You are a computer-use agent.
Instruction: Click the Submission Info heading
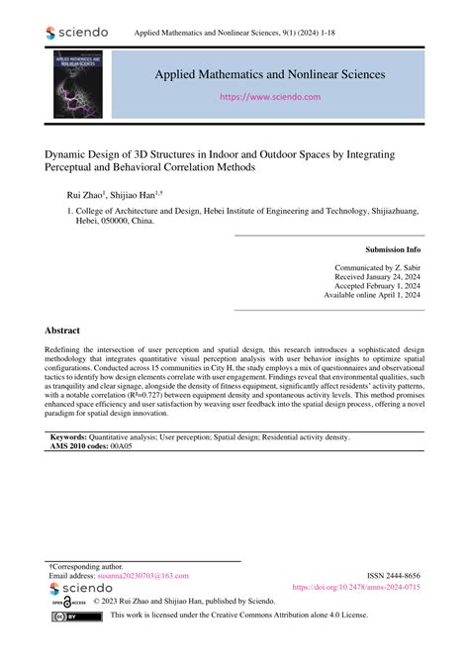point(393,249)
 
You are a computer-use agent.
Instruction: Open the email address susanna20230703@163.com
point(141,575)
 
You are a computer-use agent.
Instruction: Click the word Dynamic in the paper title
point(68,154)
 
